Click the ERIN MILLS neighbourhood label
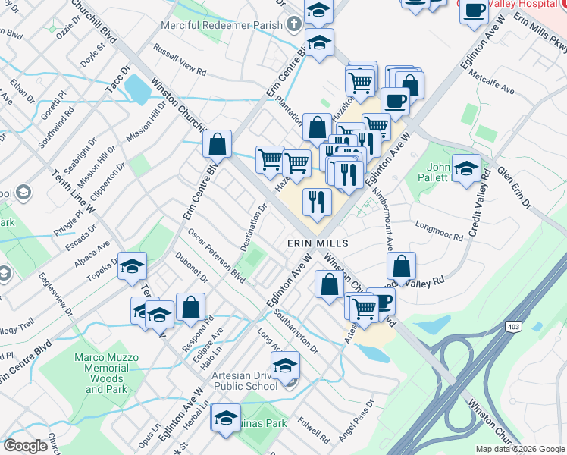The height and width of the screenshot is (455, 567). pyautogui.click(x=318, y=243)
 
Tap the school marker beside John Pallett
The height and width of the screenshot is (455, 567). pyautogui.click(x=466, y=168)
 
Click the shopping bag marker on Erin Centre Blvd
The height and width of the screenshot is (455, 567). pyautogui.click(x=218, y=143)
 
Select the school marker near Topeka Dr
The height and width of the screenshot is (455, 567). pyautogui.click(x=132, y=266)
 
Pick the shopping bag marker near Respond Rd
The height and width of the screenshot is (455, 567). pyautogui.click(x=191, y=307)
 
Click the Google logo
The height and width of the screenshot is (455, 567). pyautogui.click(x=26, y=446)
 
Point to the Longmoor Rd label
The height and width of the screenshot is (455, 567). pyautogui.click(x=440, y=231)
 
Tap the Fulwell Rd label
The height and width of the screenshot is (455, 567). pyautogui.click(x=314, y=427)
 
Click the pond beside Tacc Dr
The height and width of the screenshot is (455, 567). pyautogui.click(x=137, y=89)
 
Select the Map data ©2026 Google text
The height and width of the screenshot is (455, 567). pyautogui.click(x=519, y=449)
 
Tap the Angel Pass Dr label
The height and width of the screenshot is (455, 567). pyautogui.click(x=356, y=421)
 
